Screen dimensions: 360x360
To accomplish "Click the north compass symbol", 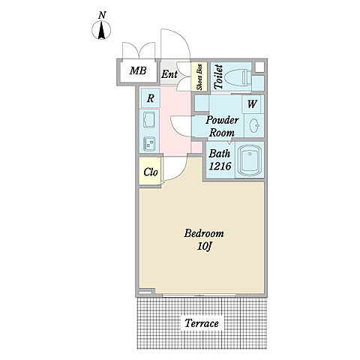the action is point(101,30).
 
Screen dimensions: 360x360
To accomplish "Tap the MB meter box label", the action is point(138,70).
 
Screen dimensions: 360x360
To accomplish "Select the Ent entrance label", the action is point(169,74).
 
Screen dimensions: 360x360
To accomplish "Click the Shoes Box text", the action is point(199,77).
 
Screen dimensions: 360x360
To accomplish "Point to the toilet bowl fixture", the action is point(237,77).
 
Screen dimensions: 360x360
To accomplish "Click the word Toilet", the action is point(219,77).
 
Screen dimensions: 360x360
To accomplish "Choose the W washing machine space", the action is point(252,103).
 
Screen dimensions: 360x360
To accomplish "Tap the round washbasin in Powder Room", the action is point(254,124).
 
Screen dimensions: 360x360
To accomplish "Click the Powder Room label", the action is point(222,126).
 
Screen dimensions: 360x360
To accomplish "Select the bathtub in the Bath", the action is point(250,160).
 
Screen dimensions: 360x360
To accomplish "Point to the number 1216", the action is point(220,166).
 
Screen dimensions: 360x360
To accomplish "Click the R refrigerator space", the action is point(150,98).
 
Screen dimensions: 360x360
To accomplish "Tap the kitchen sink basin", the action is point(149,120).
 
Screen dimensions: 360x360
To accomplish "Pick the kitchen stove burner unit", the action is point(149,144).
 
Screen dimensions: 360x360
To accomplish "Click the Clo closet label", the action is point(151,172).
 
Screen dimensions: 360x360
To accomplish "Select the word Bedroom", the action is point(204,233).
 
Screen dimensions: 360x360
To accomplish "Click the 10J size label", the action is point(205,247).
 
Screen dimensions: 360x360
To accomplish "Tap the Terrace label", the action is point(202,323).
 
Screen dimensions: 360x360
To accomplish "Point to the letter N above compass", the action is point(101,16).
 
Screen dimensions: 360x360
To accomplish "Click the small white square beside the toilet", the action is point(259,67).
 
